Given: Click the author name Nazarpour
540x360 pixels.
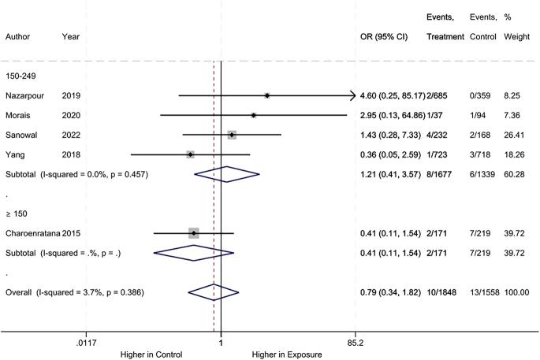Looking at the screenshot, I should (x=25, y=95).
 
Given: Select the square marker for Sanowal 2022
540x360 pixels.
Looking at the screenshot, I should (x=232, y=135).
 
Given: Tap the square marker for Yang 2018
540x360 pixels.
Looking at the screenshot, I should (x=191, y=154).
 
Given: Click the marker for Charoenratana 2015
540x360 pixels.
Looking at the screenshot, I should (x=194, y=233).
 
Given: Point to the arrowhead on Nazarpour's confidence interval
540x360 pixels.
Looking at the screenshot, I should (x=352, y=95).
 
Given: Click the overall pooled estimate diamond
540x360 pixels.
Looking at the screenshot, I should (x=214, y=292).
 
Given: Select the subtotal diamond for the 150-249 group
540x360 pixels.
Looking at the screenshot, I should (x=226, y=174).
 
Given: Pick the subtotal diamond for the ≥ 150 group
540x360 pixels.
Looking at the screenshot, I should (x=194, y=253).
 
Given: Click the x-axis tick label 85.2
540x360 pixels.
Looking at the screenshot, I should (x=355, y=343).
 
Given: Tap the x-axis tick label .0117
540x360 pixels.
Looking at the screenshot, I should (x=84, y=343).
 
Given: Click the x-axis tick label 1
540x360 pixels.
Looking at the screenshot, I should (x=221, y=343).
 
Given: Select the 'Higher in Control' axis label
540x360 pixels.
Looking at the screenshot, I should (x=152, y=354).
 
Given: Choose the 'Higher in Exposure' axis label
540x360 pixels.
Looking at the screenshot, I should (x=287, y=354).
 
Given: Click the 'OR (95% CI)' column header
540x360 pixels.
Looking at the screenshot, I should (x=383, y=36).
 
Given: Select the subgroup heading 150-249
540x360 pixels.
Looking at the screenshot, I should (x=22, y=76).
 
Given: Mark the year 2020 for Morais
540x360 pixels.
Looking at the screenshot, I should (x=71, y=115).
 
